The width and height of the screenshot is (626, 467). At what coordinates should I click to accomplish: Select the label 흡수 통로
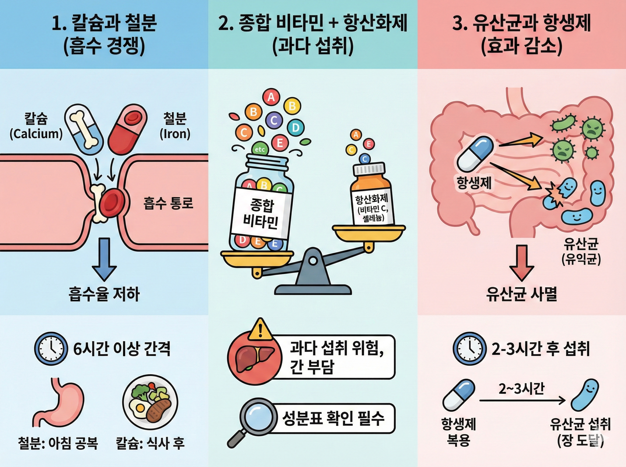(168, 203)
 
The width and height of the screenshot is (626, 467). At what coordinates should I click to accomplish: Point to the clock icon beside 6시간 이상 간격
(51, 348)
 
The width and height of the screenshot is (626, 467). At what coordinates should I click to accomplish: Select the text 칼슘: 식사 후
(150, 443)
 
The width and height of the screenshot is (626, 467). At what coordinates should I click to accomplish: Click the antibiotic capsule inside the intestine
(475, 153)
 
